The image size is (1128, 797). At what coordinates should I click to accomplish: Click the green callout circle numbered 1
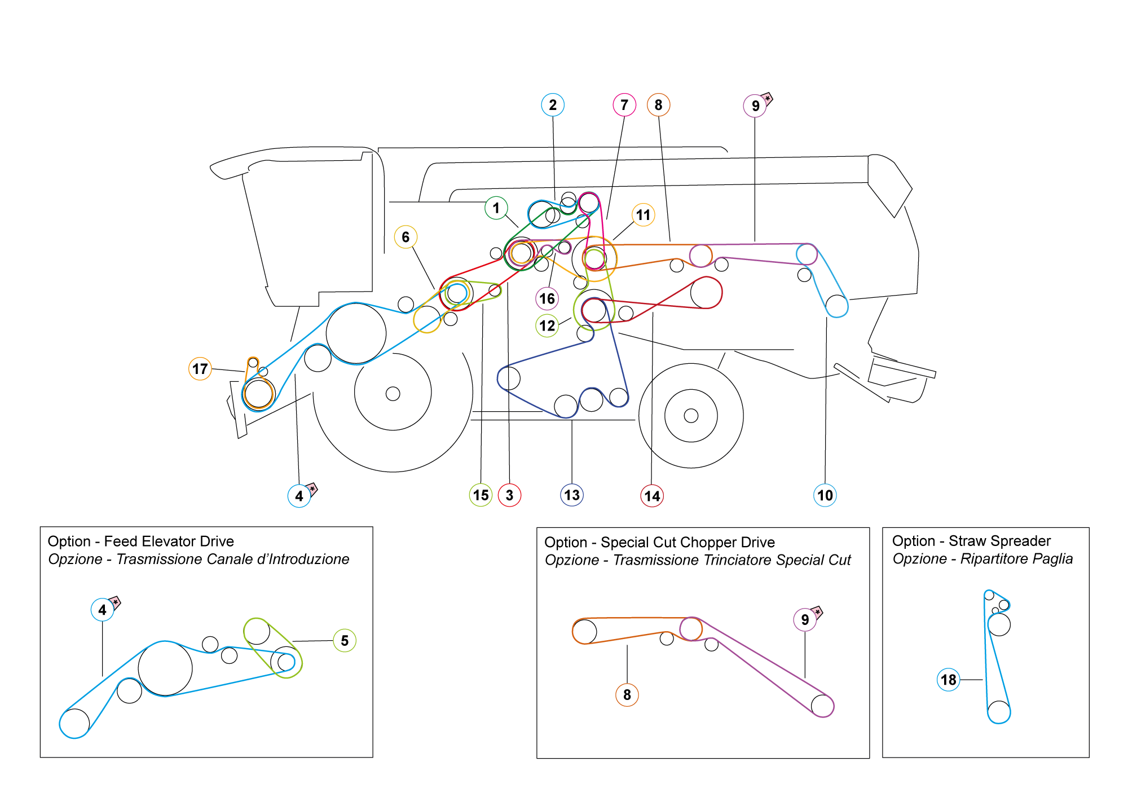[x=496, y=208]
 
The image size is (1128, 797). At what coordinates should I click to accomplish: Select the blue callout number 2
[x=553, y=105]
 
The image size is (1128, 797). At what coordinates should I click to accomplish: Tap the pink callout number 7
[x=624, y=105]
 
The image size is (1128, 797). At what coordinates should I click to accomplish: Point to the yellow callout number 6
[x=406, y=237]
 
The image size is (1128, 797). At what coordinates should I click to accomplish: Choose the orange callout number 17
[x=200, y=369]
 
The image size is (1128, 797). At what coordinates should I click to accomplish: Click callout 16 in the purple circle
[x=547, y=298]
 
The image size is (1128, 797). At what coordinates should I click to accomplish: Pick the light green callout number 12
[x=547, y=325]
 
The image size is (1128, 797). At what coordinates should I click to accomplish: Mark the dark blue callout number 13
[x=572, y=495]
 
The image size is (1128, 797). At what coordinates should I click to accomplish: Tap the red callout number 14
[x=652, y=496]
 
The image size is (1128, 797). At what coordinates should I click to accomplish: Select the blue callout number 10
[x=825, y=495]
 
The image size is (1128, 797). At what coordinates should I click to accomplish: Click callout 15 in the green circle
[x=481, y=495]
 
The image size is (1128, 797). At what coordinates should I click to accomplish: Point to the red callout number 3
[x=509, y=495]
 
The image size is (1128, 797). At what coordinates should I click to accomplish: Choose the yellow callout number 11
[x=643, y=215]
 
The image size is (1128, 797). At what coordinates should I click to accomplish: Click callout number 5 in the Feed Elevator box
[x=345, y=641]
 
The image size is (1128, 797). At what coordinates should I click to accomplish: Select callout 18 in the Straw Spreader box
[x=949, y=680]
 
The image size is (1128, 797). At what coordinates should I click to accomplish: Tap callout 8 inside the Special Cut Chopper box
[x=627, y=695]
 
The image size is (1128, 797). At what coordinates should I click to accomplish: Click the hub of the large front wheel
[x=393, y=394]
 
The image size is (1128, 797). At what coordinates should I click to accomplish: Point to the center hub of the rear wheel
[x=691, y=416]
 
